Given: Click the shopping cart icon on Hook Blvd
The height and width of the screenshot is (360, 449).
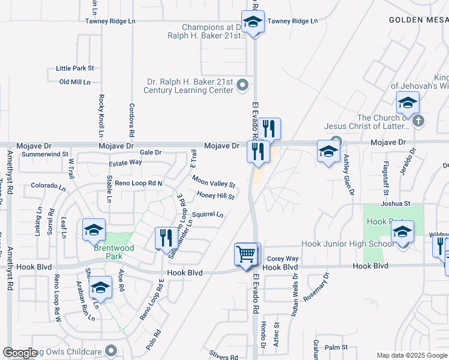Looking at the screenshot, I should click(246, 254).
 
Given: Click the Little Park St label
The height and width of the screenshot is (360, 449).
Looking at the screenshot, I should click(75, 69).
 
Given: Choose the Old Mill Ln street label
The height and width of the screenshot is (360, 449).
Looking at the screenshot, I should click(74, 82).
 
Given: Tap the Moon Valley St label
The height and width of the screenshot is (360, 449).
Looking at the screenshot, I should click(213, 181).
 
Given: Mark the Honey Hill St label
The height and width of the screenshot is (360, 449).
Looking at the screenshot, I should click(215, 196).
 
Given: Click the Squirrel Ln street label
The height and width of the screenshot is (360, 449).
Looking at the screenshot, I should click(207, 214).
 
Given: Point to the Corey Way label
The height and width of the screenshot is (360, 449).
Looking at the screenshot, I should click(283, 259).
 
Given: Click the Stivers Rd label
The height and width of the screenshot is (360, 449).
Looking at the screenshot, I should click(224, 356).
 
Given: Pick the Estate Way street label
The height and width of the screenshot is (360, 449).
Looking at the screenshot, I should click(125, 162).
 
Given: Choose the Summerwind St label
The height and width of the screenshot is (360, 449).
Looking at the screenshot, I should click(45, 154).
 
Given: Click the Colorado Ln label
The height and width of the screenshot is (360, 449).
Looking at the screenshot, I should click(47, 185).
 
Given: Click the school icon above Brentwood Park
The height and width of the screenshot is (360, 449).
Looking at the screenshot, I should click(94, 230).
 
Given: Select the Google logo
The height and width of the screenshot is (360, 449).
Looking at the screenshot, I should click(20, 352).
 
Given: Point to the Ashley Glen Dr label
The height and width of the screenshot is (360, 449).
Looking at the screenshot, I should click(346, 171).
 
